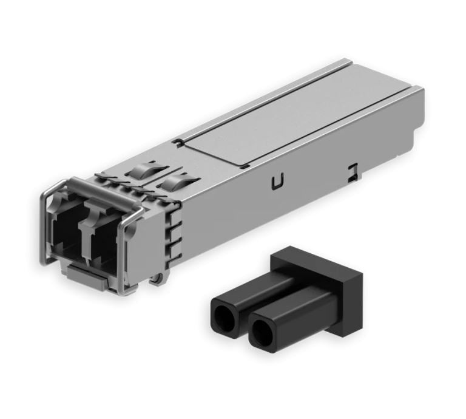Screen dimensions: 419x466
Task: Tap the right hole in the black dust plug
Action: click(x=263, y=330)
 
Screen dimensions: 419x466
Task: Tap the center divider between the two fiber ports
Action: click(x=85, y=234)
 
